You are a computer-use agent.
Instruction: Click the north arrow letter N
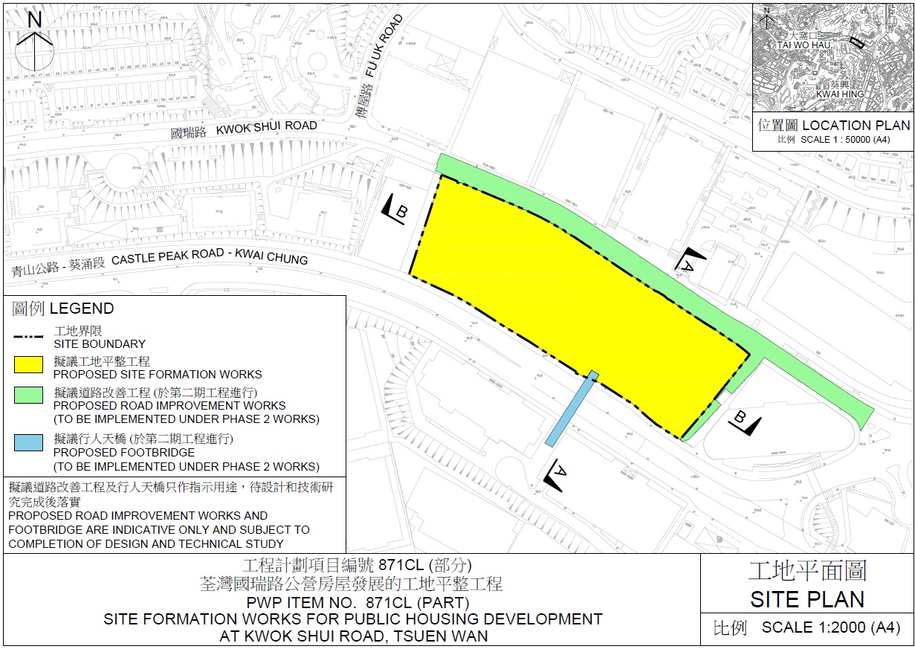click(x=34, y=20)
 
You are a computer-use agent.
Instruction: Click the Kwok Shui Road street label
click(x=266, y=129)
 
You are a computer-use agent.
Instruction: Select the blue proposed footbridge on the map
click(x=571, y=409)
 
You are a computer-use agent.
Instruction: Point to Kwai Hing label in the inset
click(x=840, y=94)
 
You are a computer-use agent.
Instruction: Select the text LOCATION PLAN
click(x=856, y=126)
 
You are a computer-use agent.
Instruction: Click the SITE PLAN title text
click(x=807, y=599)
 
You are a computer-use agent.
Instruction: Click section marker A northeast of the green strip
click(x=687, y=260)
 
